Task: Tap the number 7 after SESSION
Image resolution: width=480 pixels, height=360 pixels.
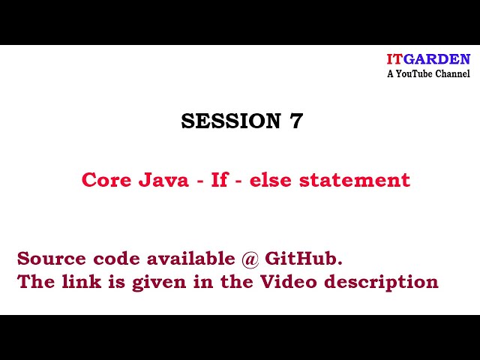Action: (295, 121)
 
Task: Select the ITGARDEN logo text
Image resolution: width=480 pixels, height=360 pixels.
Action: (428, 59)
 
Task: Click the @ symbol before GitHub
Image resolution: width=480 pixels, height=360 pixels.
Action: (250, 259)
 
